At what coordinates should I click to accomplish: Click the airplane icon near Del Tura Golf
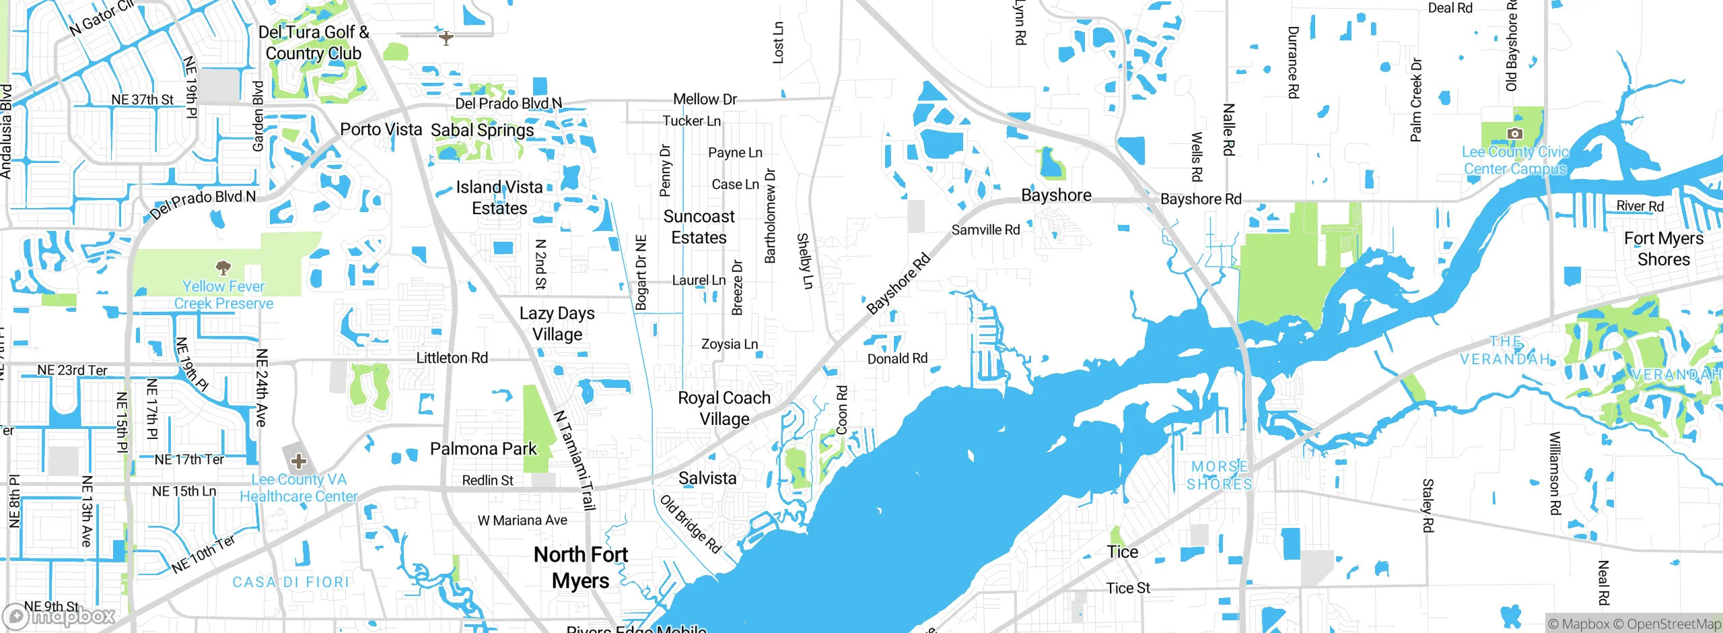(446, 38)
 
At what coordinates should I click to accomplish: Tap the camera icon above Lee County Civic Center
(1514, 133)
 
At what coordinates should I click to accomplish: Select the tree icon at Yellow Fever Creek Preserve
(223, 267)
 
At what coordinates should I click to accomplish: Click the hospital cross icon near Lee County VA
(299, 461)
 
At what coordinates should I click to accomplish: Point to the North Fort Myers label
(581, 567)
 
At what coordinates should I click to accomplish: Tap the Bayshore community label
(1056, 195)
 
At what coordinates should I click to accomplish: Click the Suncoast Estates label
(699, 227)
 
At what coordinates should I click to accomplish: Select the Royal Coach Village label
(724, 408)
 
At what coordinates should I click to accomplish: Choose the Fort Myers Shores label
(1663, 248)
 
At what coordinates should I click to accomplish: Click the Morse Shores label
(1219, 475)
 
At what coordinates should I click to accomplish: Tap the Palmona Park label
(483, 448)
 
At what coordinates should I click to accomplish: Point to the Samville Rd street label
(985, 230)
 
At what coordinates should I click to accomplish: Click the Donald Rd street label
(897, 358)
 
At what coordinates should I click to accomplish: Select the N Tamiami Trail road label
(575, 461)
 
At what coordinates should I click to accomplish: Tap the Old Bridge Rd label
(691, 524)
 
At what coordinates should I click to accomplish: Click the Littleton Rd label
(452, 358)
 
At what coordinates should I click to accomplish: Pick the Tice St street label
(1128, 588)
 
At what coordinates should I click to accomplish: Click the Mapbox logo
(59, 616)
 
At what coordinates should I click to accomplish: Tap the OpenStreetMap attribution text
(1673, 624)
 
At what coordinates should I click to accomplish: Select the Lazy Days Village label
(557, 323)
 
